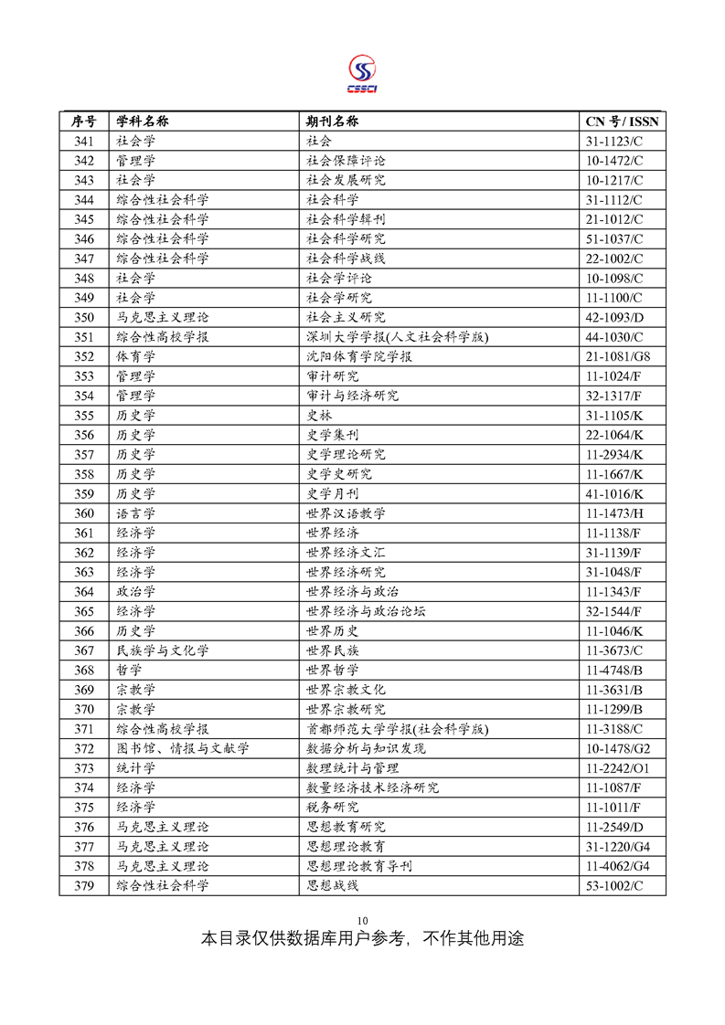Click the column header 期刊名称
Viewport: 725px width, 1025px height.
click(x=332, y=122)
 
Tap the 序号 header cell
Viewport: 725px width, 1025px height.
click(x=84, y=122)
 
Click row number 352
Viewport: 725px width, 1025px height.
click(x=84, y=356)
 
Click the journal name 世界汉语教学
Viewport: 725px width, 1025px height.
click(x=346, y=513)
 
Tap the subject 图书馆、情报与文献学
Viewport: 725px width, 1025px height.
click(x=183, y=748)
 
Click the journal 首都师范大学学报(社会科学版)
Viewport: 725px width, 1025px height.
click(x=398, y=729)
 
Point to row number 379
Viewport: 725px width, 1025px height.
click(x=84, y=885)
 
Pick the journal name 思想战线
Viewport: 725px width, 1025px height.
click(x=332, y=885)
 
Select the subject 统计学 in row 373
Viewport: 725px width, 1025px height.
click(x=136, y=768)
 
